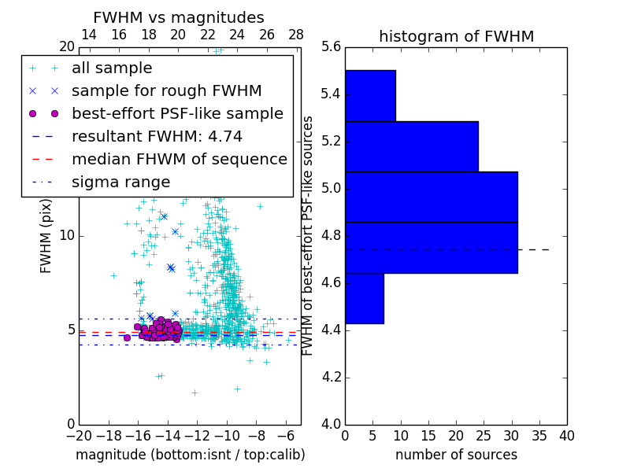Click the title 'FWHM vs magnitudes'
click(179, 17)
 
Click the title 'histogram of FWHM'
click(456, 36)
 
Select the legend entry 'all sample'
click(112, 68)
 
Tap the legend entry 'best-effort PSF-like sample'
click(177, 114)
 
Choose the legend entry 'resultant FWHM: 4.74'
click(157, 137)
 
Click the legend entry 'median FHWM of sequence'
click(179, 160)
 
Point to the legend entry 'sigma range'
click(120, 183)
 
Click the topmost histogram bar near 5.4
click(370, 96)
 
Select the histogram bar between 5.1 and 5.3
click(411, 147)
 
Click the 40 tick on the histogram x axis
click(566, 435)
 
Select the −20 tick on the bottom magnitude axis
click(79, 435)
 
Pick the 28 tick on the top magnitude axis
click(296, 35)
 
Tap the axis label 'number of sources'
click(456, 455)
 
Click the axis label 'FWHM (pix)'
click(46, 236)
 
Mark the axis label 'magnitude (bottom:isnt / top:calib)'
click(190, 455)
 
